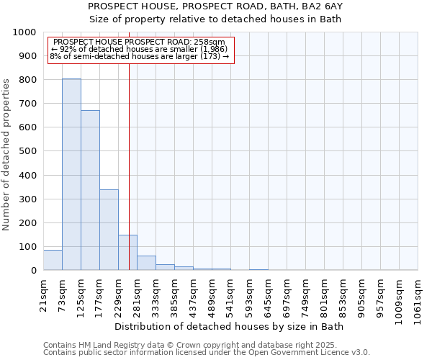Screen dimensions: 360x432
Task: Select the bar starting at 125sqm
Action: pyautogui.click(x=90, y=190)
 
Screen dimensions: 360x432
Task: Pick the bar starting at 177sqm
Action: pyautogui.click(x=109, y=230)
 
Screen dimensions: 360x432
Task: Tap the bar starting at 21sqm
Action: pyautogui.click(x=53, y=260)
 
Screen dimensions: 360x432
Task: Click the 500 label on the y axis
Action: pyautogui.click(x=27, y=151)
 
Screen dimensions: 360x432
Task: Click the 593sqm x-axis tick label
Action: pyautogui.click(x=249, y=295)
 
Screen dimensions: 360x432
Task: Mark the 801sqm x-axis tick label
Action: pyautogui.click(x=324, y=295)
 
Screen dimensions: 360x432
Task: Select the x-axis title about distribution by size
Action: pyautogui.click(x=230, y=326)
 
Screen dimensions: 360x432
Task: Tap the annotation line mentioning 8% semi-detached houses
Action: pyautogui.click(x=140, y=56)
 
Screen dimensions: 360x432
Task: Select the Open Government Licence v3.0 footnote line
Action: pyautogui.click(x=207, y=353)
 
